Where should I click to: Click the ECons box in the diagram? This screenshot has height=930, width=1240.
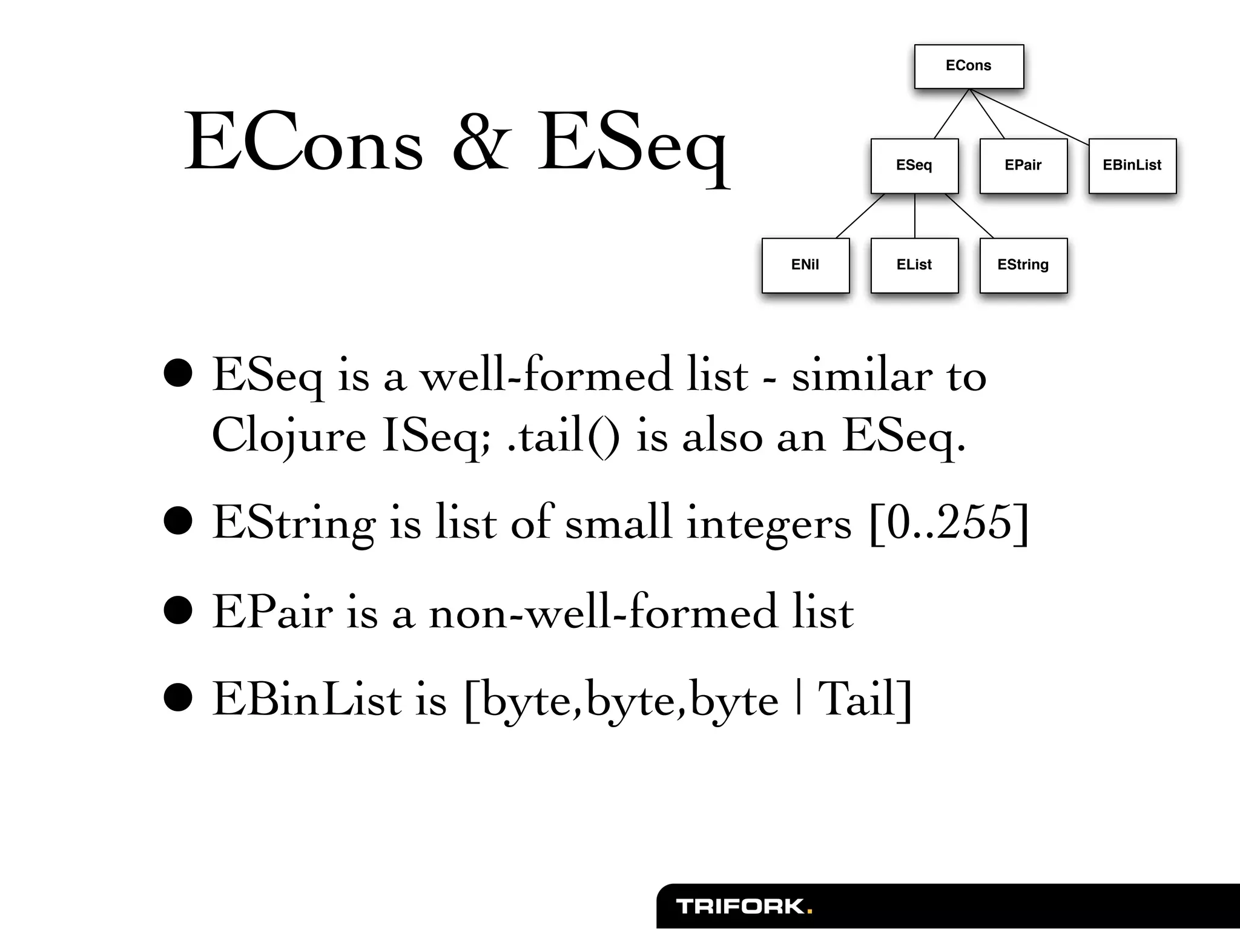pyautogui.click(x=969, y=66)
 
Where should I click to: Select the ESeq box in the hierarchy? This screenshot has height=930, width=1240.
pyautogui.click(x=914, y=165)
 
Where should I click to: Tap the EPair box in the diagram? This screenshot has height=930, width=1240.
pyautogui.click(x=1023, y=165)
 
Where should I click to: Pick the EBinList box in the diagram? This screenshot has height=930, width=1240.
pyautogui.click(x=1132, y=165)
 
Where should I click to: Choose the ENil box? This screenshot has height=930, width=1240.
pyautogui.click(x=805, y=265)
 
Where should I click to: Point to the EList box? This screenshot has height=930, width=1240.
pyautogui.click(x=914, y=265)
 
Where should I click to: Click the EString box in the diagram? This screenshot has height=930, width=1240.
pyautogui.click(x=1023, y=265)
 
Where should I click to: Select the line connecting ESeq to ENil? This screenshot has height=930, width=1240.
pyautogui.click(x=860, y=216)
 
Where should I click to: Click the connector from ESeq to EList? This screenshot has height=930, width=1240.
pyautogui.click(x=915, y=216)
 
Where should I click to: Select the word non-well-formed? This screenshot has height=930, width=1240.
pyautogui.click(x=602, y=612)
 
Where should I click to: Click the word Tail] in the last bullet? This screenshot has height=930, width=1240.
pyautogui.click(x=865, y=700)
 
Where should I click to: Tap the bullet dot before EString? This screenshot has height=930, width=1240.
pyautogui.click(x=178, y=522)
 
